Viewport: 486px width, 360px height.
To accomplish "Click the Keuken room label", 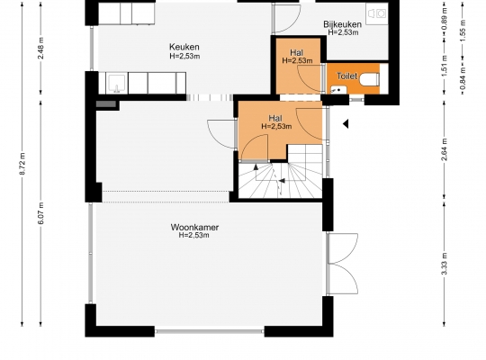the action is pos(184,47).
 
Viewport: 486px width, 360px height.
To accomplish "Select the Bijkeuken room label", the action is pos(342,24).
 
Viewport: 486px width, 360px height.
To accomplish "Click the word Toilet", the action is pos(346,76).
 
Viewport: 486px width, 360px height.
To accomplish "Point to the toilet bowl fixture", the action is pos(369,79).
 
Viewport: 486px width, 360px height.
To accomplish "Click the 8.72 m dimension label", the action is pos(22,164).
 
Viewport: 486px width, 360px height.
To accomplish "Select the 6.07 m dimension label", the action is pos(40,213).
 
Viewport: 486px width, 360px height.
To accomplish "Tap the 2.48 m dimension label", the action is pos(40,48).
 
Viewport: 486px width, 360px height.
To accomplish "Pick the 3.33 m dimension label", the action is pos(445,264).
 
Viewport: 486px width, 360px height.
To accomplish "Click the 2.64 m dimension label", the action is pos(445,149).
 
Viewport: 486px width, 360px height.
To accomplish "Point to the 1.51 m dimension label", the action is pos(445,66).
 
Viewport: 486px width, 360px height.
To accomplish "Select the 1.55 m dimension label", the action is pos(463,31).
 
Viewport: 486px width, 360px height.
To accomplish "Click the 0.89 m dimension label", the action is pos(445,19).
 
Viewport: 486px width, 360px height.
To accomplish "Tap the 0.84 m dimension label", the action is pos(463,79).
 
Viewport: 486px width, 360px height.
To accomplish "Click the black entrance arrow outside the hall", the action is pos(346,123).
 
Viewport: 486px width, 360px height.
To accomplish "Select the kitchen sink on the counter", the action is pos(116,83).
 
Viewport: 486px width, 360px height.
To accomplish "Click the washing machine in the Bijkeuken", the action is pos(377,13).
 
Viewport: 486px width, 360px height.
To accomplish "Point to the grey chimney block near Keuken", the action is pos(106,103).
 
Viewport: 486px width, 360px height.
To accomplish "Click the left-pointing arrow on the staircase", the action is pos(282,181).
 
